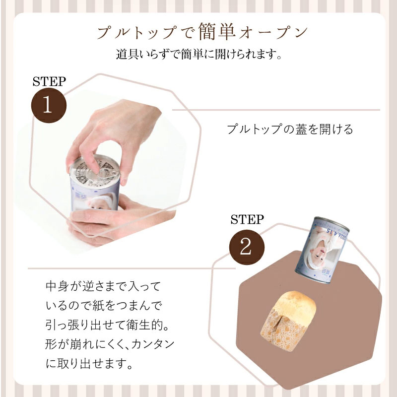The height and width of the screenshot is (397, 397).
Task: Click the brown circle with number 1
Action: (49, 105)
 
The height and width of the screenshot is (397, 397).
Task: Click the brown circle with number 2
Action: (247, 247)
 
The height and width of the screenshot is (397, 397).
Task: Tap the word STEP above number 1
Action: (49, 81)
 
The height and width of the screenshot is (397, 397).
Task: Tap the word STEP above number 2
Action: (247, 219)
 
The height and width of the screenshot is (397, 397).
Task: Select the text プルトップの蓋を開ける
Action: (290, 130)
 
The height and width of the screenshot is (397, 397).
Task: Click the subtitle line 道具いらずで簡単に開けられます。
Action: (199, 54)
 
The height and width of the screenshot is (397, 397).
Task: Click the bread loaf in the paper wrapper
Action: (288, 321)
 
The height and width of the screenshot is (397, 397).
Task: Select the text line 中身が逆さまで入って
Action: (103, 286)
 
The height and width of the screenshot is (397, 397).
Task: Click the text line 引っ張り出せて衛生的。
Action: (107, 325)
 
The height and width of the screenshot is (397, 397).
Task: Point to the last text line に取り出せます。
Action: (89, 363)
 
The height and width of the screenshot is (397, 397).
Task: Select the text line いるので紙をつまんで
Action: (104, 306)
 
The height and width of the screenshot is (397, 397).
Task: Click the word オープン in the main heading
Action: (273, 32)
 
